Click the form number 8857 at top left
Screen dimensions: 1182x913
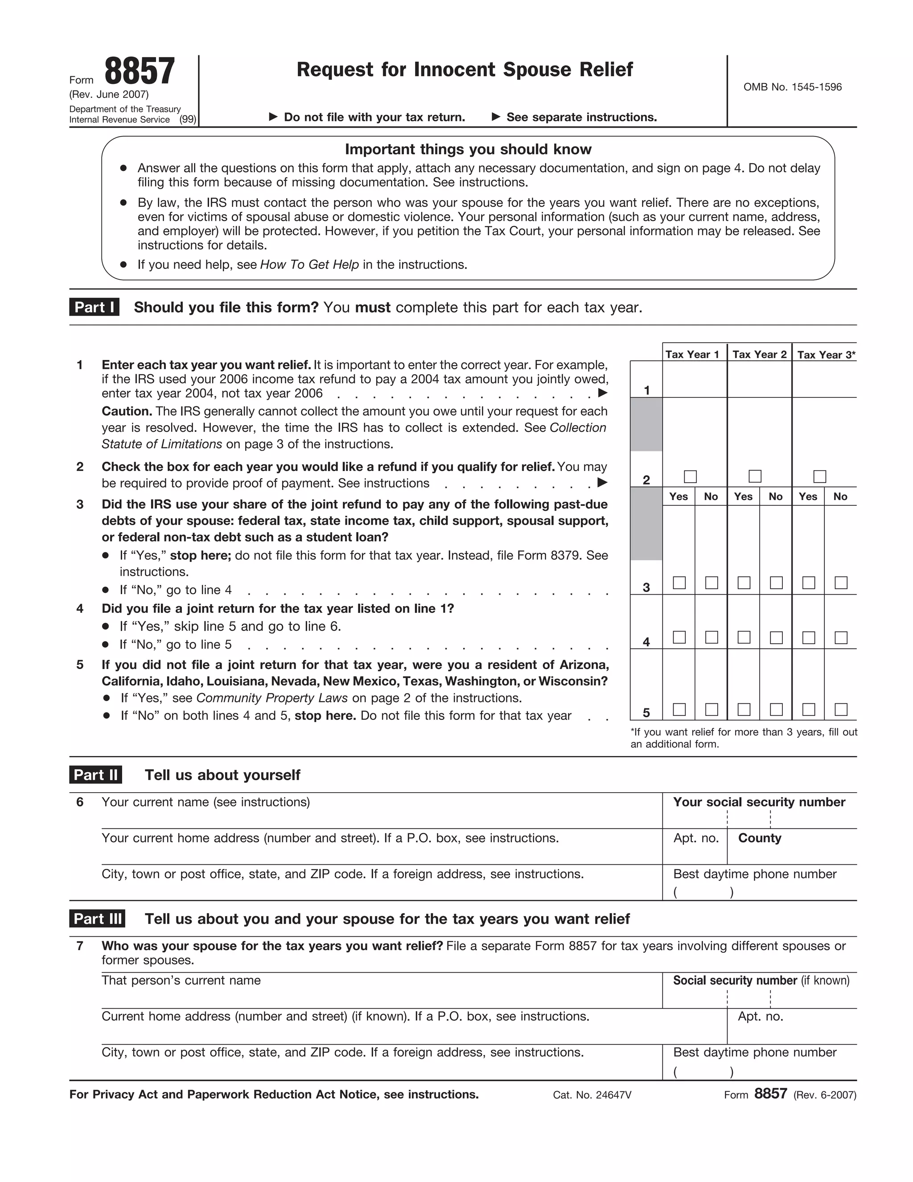tap(140, 71)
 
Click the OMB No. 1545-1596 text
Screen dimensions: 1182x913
tap(792, 87)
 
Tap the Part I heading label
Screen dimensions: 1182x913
tap(94, 307)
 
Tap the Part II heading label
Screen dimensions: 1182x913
tap(96, 775)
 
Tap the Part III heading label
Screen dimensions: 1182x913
tap(97, 919)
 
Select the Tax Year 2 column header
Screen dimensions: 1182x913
tap(759, 355)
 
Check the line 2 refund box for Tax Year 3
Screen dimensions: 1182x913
tap(819, 476)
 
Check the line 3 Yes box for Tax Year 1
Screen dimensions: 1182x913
tap(679, 583)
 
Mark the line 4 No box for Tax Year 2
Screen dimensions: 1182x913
tap(776, 637)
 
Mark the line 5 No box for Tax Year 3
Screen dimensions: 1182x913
tap(841, 710)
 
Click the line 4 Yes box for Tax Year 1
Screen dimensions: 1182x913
tap(679, 637)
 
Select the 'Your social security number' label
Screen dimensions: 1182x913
tap(759, 802)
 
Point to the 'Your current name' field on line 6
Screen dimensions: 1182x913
tap(206, 802)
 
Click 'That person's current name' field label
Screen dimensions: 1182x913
tap(181, 981)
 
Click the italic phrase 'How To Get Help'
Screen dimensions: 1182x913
tap(309, 265)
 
